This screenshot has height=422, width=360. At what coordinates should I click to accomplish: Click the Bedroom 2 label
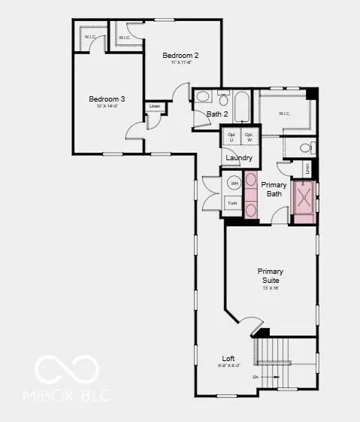point(180,56)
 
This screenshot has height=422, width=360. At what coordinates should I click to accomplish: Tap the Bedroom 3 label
point(106,99)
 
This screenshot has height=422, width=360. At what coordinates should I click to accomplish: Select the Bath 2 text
point(217,114)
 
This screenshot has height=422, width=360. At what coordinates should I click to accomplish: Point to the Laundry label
point(239,157)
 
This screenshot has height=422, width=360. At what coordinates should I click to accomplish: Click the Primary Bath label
point(273,189)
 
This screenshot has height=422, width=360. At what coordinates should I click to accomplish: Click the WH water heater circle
point(234,183)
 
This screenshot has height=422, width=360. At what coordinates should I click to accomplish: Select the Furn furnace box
point(232,203)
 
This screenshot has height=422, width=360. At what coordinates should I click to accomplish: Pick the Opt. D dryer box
point(231,138)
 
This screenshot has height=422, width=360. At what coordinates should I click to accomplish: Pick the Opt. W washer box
point(248,138)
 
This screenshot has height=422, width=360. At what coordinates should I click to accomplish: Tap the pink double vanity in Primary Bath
point(250,196)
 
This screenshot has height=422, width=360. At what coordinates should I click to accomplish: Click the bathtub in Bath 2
point(242,107)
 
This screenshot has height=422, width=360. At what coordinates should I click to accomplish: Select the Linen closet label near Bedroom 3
point(155,106)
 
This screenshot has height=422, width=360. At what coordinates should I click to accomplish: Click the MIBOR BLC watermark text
point(66,394)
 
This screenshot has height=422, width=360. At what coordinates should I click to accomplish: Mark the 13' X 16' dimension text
point(271,288)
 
